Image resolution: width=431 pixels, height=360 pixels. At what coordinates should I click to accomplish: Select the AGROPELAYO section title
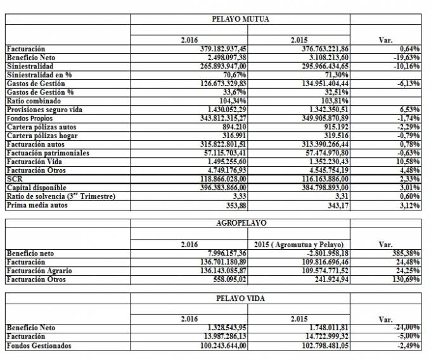(240, 223)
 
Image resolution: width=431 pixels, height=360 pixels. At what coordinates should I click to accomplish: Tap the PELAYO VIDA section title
(240, 298)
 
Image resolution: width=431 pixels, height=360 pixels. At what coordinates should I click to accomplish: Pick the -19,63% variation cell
(406, 57)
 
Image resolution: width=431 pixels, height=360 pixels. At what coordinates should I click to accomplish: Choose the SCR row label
(13, 179)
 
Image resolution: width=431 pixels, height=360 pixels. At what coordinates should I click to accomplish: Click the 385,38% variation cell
(406, 253)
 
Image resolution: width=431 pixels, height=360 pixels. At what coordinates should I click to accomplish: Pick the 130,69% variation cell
(406, 279)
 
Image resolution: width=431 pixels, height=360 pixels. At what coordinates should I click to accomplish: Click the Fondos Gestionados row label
(38, 345)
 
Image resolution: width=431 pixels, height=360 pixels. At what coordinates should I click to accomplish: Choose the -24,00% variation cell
(406, 328)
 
